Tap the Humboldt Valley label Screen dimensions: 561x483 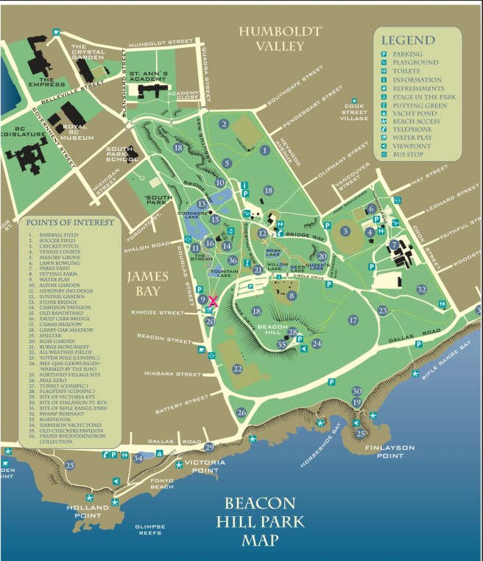[280, 38]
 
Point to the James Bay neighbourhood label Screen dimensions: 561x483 [147, 284]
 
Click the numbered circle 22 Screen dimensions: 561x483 [237, 368]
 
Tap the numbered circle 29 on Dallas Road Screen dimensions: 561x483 [209, 447]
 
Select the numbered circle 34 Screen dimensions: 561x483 [138, 458]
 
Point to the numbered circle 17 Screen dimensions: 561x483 [353, 320]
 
